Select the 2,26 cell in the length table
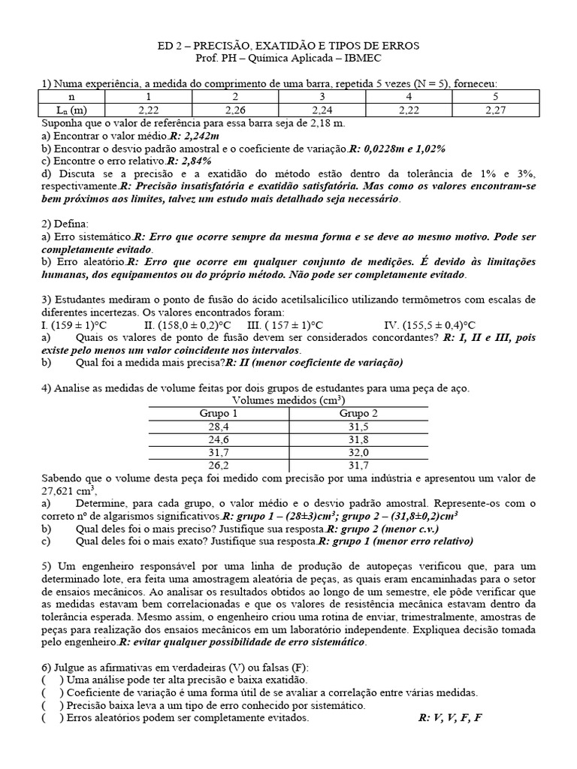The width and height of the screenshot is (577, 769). [235, 110]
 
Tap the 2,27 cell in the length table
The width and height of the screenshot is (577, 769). [495, 110]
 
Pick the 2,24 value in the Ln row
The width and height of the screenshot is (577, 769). [322, 110]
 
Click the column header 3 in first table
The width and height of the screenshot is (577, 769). [322, 96]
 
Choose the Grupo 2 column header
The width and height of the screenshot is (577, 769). [358, 414]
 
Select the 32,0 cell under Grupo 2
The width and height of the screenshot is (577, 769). [358, 453]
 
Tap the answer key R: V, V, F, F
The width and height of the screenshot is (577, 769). [449, 719]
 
